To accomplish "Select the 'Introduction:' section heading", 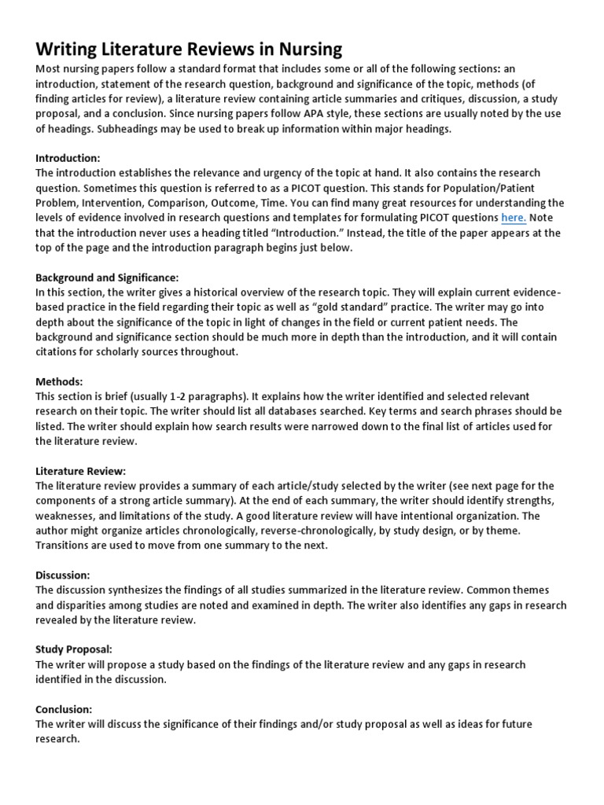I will click(x=68, y=158).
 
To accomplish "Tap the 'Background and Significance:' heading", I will click(x=108, y=278).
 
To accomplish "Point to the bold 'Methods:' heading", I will click(x=60, y=381).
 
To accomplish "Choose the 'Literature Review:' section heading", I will click(x=80, y=471).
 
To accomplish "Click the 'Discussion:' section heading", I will click(x=63, y=575).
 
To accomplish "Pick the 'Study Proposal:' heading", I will click(x=74, y=650).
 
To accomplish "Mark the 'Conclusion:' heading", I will click(x=64, y=709).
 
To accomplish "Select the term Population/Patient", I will click(x=503, y=188).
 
